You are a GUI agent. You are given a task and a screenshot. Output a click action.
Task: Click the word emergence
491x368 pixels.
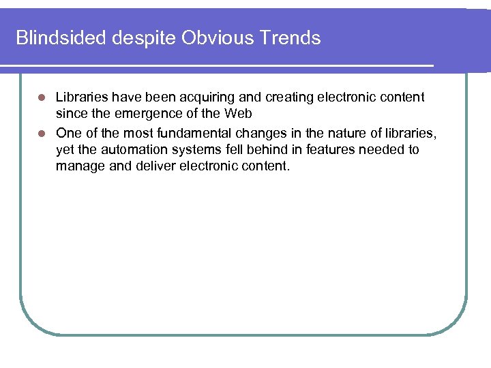[x=140, y=114]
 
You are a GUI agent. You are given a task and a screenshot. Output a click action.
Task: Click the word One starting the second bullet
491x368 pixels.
[x=68, y=132]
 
